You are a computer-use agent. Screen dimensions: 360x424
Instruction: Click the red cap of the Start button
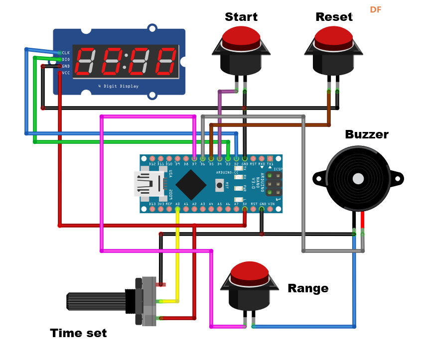pyautogui.click(x=241, y=36)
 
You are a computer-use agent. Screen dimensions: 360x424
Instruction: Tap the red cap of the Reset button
pyautogui.click(x=334, y=36)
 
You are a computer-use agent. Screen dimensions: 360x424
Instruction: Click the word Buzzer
pyautogui.click(x=366, y=134)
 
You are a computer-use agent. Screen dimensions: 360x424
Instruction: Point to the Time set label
pyautogui.click(x=78, y=333)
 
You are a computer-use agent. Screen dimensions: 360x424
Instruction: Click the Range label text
pyautogui.click(x=308, y=288)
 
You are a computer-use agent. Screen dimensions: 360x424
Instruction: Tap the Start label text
pyautogui.click(x=241, y=17)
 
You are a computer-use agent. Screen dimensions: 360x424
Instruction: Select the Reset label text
pyautogui.click(x=334, y=17)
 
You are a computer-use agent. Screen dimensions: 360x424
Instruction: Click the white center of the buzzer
pyautogui.click(x=358, y=179)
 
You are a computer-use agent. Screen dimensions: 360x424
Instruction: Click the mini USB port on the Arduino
pyautogui.click(x=148, y=184)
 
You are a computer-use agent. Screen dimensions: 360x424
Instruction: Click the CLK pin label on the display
pyautogui.click(x=66, y=53)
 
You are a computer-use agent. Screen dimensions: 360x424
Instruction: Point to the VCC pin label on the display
pyautogui.click(x=66, y=73)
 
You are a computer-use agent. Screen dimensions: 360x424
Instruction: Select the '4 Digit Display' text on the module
pyautogui.click(x=118, y=86)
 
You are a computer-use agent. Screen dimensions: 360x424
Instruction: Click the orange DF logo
pyautogui.click(x=375, y=10)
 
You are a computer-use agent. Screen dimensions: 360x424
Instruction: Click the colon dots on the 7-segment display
pyautogui.click(x=126, y=61)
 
